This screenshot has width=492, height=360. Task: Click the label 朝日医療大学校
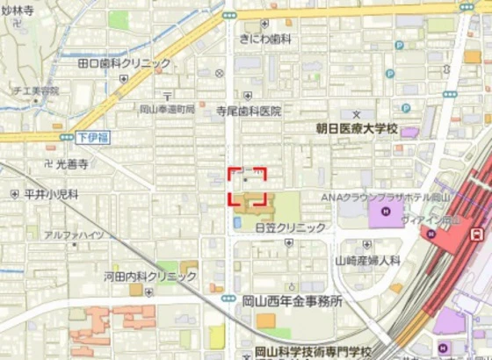click(x=357, y=128)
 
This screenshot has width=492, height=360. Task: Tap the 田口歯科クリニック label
click(x=124, y=63)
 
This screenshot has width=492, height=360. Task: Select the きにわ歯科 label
click(x=265, y=39)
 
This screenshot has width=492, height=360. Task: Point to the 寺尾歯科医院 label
click(x=249, y=112)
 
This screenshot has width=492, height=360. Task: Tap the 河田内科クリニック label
click(x=150, y=277)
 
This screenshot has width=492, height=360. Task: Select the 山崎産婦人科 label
click(x=367, y=261)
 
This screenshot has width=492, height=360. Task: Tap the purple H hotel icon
click(x=385, y=212)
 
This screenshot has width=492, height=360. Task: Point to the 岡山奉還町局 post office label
click(x=167, y=109)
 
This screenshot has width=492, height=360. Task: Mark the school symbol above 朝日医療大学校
click(x=357, y=114)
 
